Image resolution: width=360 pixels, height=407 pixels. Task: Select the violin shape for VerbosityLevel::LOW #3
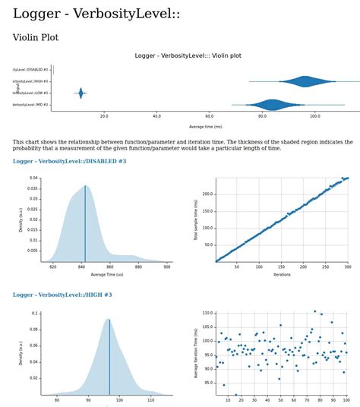81,93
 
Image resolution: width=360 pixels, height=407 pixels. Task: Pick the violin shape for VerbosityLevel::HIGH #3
305,81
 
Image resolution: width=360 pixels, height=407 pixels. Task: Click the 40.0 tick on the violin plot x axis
156,116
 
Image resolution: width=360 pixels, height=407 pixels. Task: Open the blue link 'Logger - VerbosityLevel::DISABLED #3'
69,161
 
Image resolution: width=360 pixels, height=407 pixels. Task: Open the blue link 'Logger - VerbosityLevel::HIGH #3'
62,295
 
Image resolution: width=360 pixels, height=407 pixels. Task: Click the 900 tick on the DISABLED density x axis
167,267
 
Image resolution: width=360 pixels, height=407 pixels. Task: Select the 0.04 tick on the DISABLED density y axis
34,178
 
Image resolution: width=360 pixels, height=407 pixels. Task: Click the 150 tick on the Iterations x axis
282,267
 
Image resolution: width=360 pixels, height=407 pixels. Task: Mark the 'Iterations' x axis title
282,274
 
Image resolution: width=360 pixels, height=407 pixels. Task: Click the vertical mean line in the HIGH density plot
109,357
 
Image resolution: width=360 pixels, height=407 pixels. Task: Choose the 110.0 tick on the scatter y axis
205,313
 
